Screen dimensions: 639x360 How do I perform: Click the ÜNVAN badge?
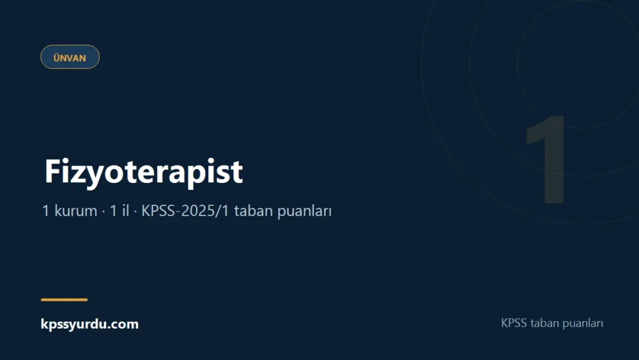(x=70, y=57)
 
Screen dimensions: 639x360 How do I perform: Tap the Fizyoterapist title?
(x=144, y=172)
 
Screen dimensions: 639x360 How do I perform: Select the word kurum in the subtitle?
(x=76, y=211)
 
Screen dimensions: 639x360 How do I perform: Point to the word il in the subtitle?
(x=125, y=211)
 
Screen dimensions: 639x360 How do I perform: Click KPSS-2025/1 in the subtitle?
(x=185, y=211)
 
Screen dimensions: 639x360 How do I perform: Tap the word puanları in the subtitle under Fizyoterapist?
(x=304, y=212)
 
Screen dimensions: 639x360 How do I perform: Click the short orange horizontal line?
(x=64, y=300)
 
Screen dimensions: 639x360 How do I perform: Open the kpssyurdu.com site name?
(x=89, y=324)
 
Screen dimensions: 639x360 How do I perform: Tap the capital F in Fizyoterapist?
(x=52, y=171)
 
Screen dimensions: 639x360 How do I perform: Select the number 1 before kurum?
(x=45, y=211)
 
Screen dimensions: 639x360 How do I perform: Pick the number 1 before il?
(x=113, y=211)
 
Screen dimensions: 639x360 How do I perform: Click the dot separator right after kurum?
(x=104, y=212)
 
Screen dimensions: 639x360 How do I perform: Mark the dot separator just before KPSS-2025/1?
(x=135, y=212)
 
